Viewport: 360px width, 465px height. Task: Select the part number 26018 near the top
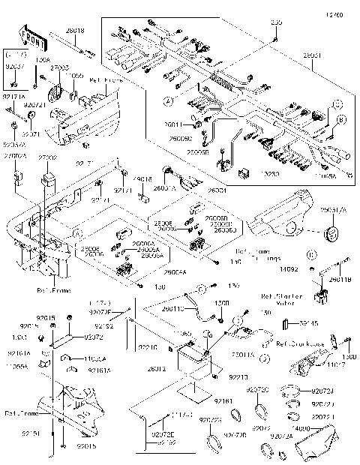click(76, 30)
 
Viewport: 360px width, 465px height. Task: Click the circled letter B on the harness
click(342, 119)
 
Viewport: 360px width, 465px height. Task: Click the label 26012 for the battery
click(157, 369)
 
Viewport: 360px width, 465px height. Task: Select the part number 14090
click(320, 428)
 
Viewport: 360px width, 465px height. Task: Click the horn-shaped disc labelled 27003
click(55, 95)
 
